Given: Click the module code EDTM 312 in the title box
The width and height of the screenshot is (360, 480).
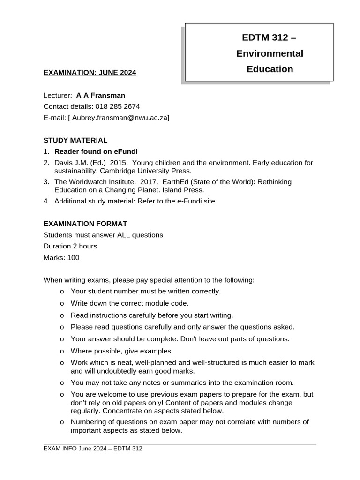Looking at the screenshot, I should click(265, 37).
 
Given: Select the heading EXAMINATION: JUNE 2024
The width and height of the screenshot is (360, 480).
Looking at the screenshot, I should click(90, 73).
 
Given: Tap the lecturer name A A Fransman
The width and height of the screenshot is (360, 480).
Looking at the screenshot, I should click(101, 95).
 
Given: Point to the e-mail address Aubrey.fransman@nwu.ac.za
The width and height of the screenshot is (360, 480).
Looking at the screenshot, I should click(120, 118).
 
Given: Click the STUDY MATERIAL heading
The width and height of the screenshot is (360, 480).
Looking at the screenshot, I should click(75, 140).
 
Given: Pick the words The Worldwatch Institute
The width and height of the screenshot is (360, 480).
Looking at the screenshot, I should click(93, 182).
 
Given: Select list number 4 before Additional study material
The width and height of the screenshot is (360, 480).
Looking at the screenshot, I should click(46, 201).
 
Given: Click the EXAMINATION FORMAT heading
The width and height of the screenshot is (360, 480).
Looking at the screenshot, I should click(85, 224).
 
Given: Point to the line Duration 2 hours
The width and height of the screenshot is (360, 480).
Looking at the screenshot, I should click(70, 246).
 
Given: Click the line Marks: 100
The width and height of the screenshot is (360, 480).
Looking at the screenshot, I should click(61, 257).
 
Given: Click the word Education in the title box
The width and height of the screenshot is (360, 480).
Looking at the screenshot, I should click(270, 69).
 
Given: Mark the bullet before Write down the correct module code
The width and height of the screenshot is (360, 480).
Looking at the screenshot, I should click(62, 303).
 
